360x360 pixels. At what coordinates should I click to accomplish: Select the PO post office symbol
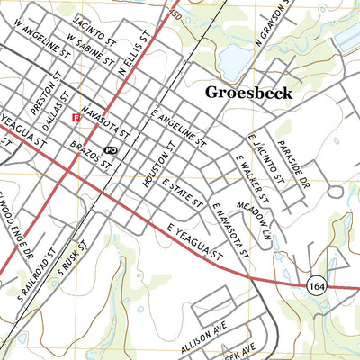tap(111, 149)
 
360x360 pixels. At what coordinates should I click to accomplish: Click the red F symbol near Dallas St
tap(76, 117)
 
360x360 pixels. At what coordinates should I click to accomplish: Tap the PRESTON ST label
tap(42, 94)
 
